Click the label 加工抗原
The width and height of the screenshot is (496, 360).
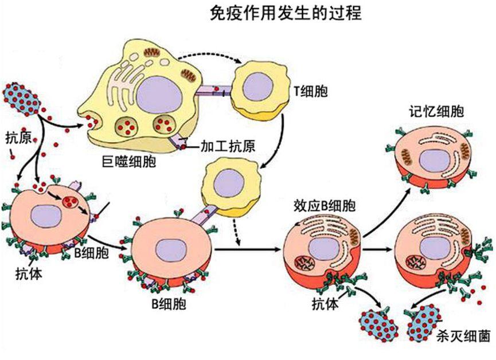(228, 146)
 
